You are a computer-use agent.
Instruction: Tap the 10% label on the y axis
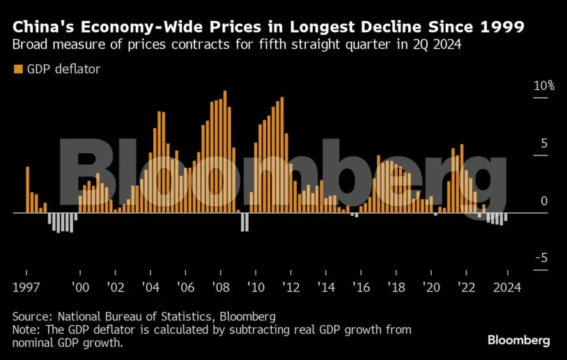pyautogui.click(x=544, y=86)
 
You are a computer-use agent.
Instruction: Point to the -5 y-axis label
pyautogui.click(x=541, y=258)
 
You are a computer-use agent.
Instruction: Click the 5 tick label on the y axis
pyautogui.click(x=545, y=144)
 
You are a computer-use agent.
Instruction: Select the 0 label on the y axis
pyautogui.click(x=545, y=201)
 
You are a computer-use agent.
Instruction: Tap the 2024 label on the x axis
pyautogui.click(x=508, y=286)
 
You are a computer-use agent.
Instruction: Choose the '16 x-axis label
pyautogui.click(x=361, y=286)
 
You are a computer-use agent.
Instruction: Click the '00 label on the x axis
pyautogui.click(x=81, y=286)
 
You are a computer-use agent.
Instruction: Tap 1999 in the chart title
pyautogui.click(x=499, y=28)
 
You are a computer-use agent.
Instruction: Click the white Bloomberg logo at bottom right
pyautogui.click(x=518, y=341)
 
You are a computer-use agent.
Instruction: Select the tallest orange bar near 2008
pyautogui.click(x=225, y=152)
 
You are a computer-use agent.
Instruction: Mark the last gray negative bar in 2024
pyautogui.click(x=506, y=217)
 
